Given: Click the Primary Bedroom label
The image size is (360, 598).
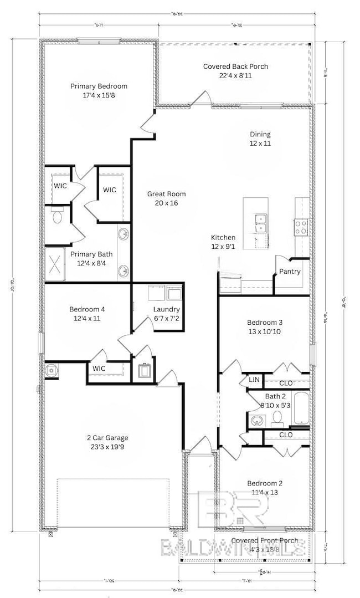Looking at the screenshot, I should pos(99,86).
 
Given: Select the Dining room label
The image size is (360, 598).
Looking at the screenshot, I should pos(260,134).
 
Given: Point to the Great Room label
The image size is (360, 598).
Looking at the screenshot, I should pos(166,194).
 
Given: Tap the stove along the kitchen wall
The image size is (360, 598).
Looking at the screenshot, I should pos(301,226).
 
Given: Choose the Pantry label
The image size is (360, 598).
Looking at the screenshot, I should pos(290,272).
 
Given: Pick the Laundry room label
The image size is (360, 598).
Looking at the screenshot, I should pos(166,309).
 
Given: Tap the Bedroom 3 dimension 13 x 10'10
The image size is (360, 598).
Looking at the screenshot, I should pos(265,331).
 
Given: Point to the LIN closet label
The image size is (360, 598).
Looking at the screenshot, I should pos(254,380).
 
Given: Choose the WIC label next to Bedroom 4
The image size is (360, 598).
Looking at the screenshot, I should pos(99,368).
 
